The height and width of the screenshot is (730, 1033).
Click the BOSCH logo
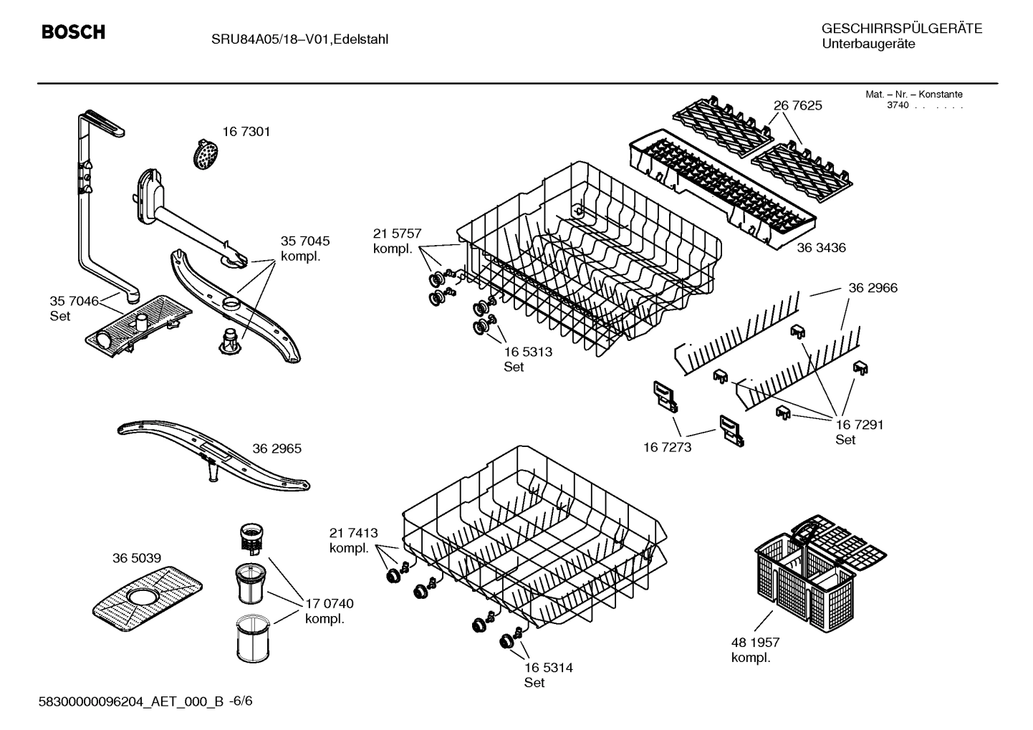(73, 32)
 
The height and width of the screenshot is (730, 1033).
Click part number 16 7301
(246, 132)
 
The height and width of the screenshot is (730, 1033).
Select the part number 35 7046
(73, 301)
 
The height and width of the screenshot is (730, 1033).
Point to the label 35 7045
(304, 241)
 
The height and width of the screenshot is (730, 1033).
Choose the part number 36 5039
(136, 558)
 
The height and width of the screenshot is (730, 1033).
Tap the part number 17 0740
(329, 604)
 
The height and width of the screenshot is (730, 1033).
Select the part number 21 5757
(397, 234)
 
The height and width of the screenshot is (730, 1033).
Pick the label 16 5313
(527, 352)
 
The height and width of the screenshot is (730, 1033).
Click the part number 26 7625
(797, 105)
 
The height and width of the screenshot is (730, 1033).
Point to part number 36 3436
(821, 248)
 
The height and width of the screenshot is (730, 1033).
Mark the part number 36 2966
(873, 288)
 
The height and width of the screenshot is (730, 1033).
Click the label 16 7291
(859, 425)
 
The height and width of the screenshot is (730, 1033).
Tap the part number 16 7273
(667, 448)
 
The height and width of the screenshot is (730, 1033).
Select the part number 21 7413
(353, 533)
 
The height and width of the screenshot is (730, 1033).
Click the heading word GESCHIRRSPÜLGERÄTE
(901, 29)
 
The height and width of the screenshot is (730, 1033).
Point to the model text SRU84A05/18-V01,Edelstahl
(299, 39)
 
